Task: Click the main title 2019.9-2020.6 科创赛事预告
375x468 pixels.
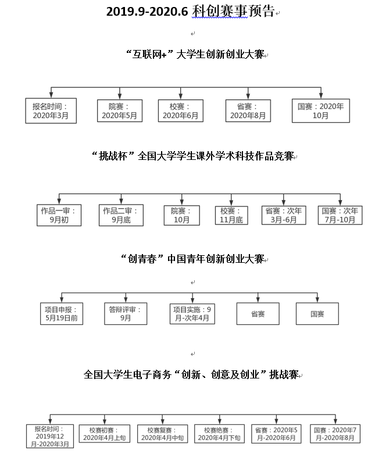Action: pyautogui.click(x=191, y=12)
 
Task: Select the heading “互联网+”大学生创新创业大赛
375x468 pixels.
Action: pyautogui.click(x=195, y=54)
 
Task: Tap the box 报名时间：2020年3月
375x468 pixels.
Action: pyautogui.click(x=51, y=110)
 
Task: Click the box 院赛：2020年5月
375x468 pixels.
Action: pyautogui.click(x=120, y=110)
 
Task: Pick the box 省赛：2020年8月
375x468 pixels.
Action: pyautogui.click(x=248, y=110)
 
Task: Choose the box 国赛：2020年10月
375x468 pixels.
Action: pyautogui.click(x=321, y=110)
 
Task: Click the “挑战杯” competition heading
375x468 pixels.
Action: pyautogui.click(x=193, y=156)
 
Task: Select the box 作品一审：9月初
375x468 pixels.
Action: pyautogui.click(x=59, y=215)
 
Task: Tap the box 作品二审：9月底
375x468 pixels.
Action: pyautogui.click(x=121, y=215)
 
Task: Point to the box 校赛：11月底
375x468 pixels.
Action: pyautogui.click(x=231, y=215)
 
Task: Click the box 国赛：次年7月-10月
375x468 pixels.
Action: pyautogui.click(x=340, y=215)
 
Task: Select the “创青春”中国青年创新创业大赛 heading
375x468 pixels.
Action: pyautogui.click(x=193, y=259)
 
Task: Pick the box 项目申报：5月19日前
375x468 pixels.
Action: pyautogui.click(x=62, y=314)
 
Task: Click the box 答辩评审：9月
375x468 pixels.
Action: pyautogui.click(x=126, y=314)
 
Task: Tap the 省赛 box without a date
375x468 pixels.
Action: pyautogui.click(x=258, y=314)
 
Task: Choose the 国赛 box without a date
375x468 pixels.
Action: pyautogui.click(x=317, y=314)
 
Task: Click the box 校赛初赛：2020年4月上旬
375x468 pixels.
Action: pyautogui.click(x=105, y=434)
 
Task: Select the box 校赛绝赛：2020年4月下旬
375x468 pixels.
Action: pyautogui.click(x=219, y=434)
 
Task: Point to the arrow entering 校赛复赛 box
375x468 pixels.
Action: pyautogui.click(x=162, y=419)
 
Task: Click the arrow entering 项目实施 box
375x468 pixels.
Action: pyautogui.click(x=192, y=298)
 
